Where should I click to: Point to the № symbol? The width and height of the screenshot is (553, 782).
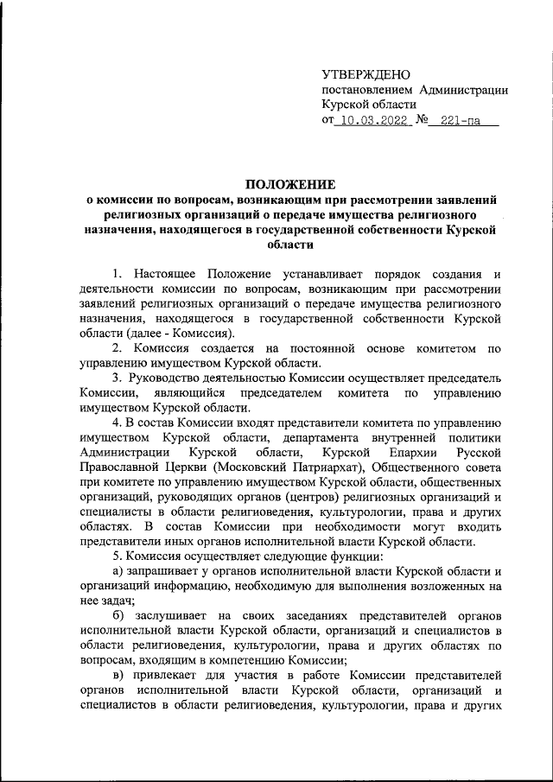[x=423, y=122]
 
